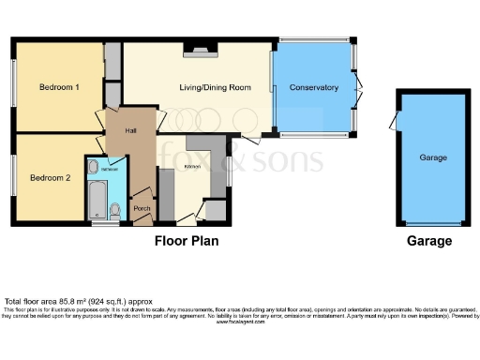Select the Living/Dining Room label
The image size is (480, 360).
pyautogui.click(x=216, y=87)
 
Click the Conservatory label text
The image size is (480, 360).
pyautogui.click(x=313, y=87)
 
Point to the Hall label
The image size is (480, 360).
pyautogui.click(x=119, y=130)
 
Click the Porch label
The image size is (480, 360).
pyautogui.click(x=142, y=207)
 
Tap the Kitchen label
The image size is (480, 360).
pyautogui.click(x=193, y=165)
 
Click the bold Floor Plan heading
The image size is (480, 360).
pyautogui.click(x=187, y=241)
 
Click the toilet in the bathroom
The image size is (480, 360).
pyautogui.click(x=114, y=208)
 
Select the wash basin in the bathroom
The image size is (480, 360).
pyautogui.click(x=94, y=168)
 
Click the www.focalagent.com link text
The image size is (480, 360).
pyautogui.click(x=240, y=322)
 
